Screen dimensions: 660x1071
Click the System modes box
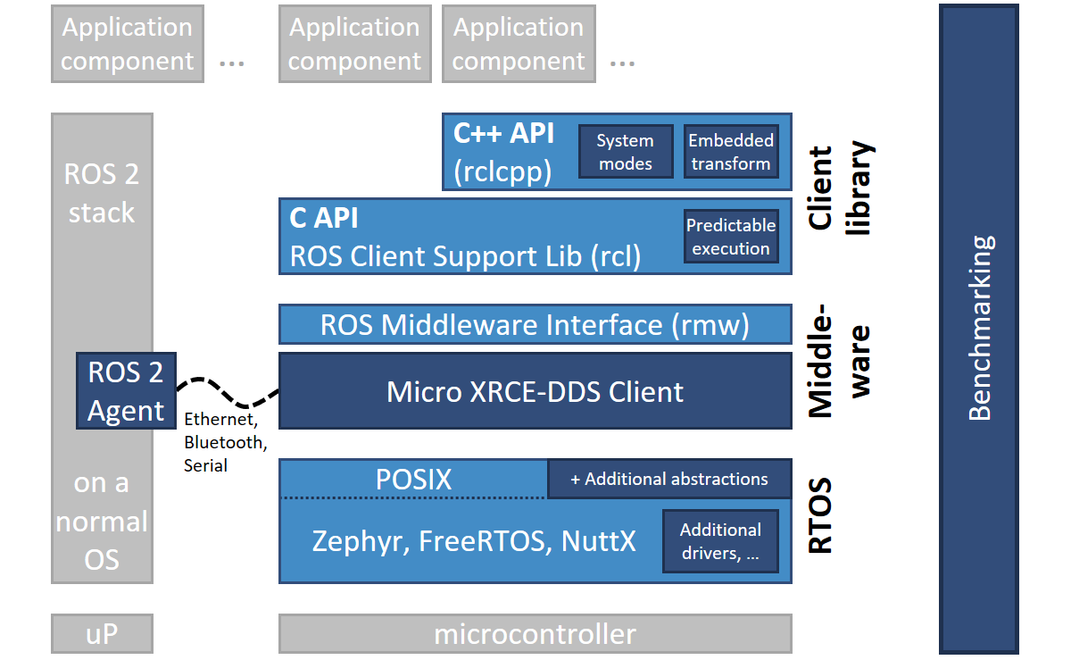tap(625, 152)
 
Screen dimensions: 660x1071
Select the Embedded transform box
tap(730, 152)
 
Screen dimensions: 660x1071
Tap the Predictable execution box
tap(730, 237)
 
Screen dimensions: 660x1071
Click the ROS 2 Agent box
tap(126, 391)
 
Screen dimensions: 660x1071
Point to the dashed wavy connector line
tap(228, 393)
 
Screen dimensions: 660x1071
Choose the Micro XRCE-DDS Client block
tap(535, 391)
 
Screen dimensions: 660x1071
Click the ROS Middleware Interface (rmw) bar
tap(535, 325)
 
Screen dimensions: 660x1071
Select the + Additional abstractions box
tap(669, 479)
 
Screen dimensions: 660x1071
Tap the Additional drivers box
tap(720, 541)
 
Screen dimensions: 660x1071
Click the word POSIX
tap(413, 480)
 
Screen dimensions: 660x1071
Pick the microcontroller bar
tap(535, 634)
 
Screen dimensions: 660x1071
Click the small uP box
tap(102, 634)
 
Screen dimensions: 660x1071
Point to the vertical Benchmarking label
tap(979, 328)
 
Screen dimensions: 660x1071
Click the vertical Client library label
tap(839, 189)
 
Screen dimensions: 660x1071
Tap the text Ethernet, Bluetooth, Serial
tap(224, 442)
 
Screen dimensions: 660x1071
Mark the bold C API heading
tap(324, 218)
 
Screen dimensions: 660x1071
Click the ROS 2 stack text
tap(102, 193)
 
